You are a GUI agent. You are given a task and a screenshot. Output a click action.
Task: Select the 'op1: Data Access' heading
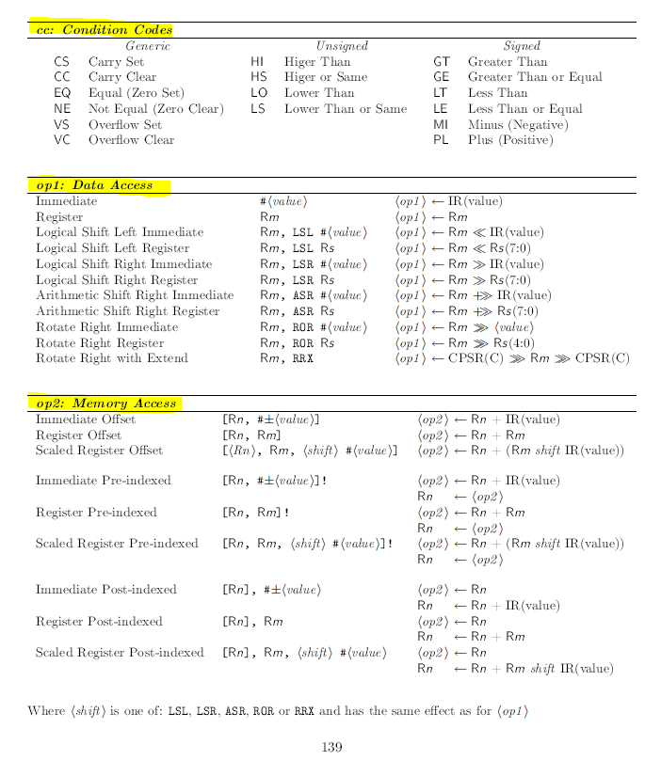point(94,185)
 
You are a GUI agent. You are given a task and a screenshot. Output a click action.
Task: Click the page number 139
point(330,747)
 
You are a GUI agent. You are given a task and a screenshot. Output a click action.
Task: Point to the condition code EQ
point(62,93)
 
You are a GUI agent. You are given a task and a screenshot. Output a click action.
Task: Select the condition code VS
point(62,124)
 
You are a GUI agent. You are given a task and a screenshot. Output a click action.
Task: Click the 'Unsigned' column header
point(342,45)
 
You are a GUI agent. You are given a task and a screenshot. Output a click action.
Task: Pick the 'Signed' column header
point(522,45)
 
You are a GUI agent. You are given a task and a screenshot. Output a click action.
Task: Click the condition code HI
point(257,61)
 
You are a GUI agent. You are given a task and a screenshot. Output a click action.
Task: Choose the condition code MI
point(441,124)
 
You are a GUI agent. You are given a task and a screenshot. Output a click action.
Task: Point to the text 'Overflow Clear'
point(131,140)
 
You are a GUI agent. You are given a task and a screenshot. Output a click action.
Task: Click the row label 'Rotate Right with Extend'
point(112,358)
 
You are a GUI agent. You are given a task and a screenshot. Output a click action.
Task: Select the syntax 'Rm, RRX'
point(286,358)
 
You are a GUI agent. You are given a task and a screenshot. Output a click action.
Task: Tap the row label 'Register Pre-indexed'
point(96,513)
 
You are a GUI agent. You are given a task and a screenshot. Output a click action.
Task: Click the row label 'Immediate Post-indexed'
point(105,590)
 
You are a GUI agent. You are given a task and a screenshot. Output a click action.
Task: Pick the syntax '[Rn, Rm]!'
point(255,513)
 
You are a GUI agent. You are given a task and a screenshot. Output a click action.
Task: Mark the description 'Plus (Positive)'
point(510,140)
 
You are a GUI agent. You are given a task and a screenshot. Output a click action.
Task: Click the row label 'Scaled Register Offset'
point(99,451)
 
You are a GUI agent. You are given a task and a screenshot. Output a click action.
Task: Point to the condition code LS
point(257,109)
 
